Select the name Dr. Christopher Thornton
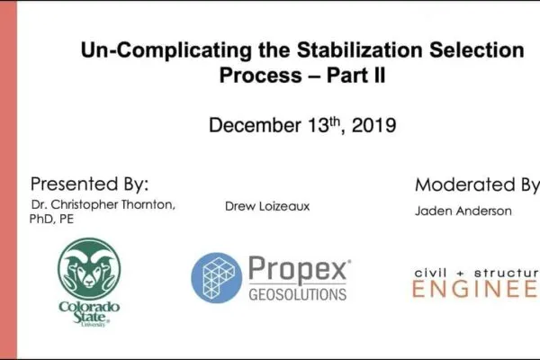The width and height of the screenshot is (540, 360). [x=103, y=205]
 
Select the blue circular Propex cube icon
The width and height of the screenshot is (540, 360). [x=217, y=277]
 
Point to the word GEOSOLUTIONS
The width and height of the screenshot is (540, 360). [x=298, y=294]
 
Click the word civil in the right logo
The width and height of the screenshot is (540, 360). [x=432, y=270]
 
